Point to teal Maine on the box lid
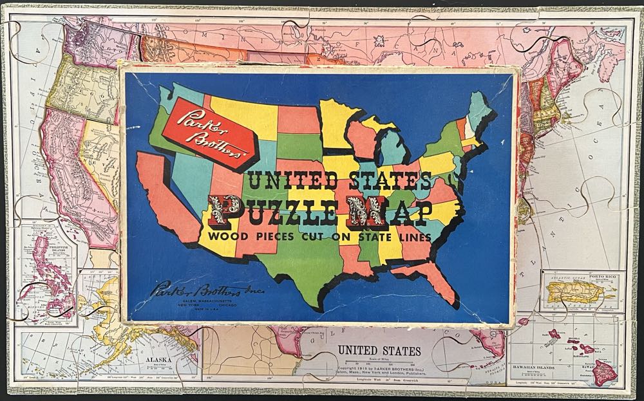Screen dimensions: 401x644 point(480,109)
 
